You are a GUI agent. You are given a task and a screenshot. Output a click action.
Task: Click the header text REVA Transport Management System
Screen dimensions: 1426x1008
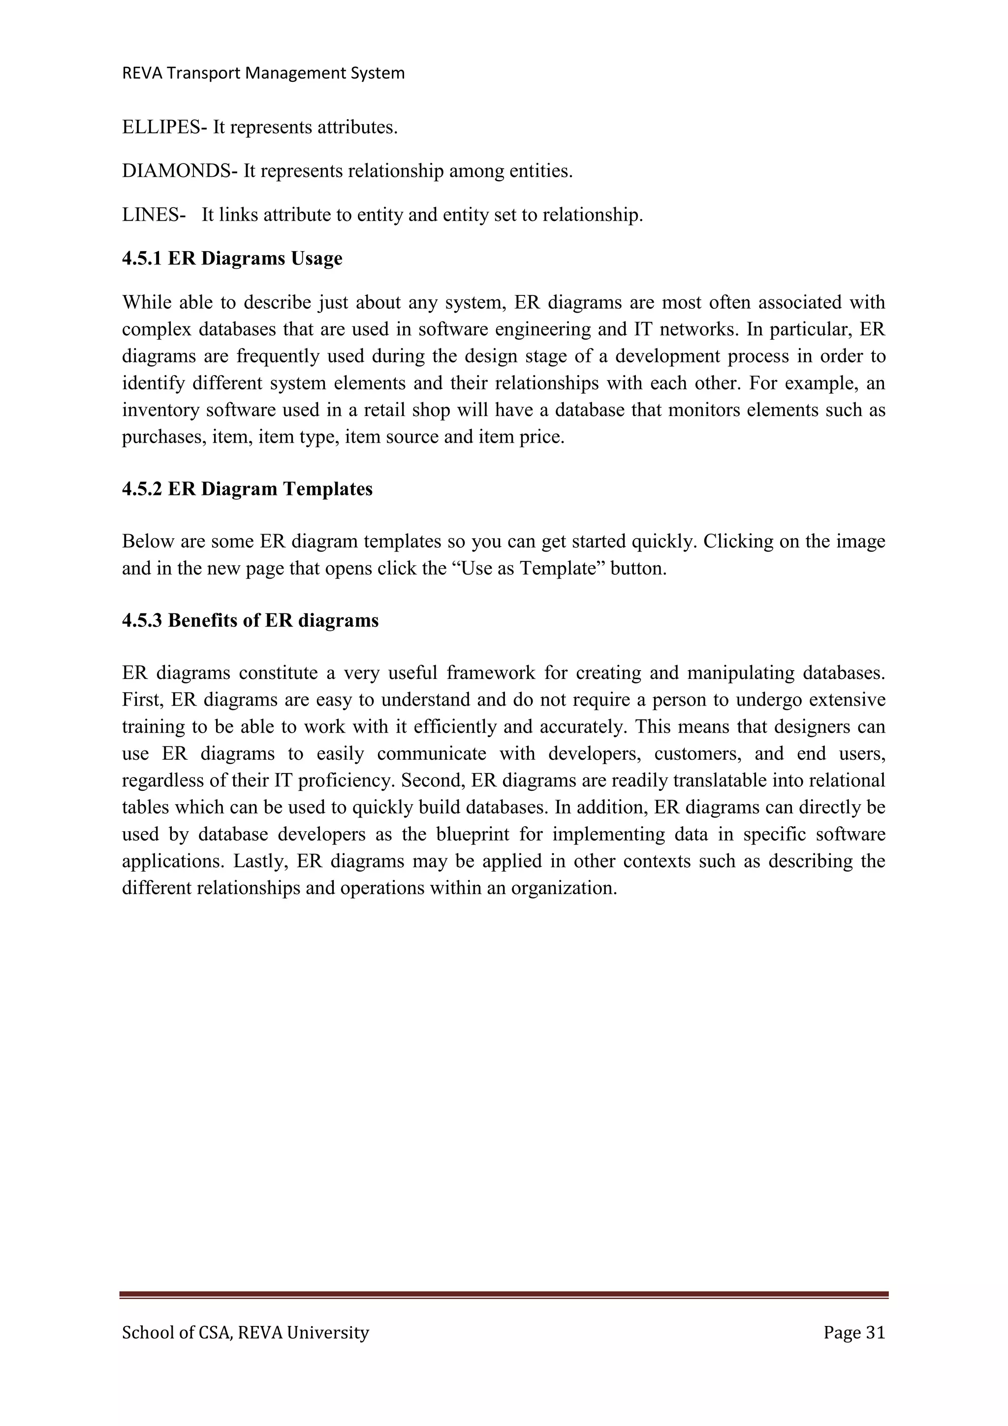(263, 73)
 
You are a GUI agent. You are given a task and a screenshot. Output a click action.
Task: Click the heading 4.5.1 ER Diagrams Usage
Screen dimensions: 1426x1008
(232, 259)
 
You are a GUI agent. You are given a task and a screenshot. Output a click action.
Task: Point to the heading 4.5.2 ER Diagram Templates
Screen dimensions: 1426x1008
(247, 489)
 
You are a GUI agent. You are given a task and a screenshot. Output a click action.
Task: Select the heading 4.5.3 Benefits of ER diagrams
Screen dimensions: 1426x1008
(250, 620)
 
